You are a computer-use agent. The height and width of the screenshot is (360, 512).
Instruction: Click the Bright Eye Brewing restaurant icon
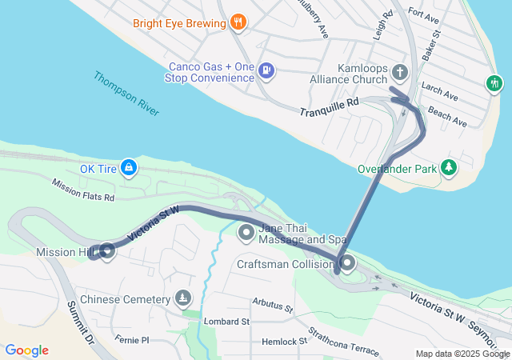237,23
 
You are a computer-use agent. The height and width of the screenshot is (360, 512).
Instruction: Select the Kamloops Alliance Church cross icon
401,73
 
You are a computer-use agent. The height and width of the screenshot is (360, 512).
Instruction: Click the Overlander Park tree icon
450,167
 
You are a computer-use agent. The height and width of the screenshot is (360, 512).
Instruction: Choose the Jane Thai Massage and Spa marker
246,233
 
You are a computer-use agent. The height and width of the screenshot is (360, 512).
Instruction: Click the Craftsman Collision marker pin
347,263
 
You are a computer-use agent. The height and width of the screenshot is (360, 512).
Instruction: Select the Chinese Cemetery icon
184,298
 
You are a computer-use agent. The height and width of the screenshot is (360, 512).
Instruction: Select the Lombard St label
228,321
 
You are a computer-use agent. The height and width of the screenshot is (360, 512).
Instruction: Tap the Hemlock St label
286,342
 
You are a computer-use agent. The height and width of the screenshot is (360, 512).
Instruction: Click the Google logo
26,350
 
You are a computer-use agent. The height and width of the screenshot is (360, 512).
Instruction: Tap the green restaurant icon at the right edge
495,82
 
